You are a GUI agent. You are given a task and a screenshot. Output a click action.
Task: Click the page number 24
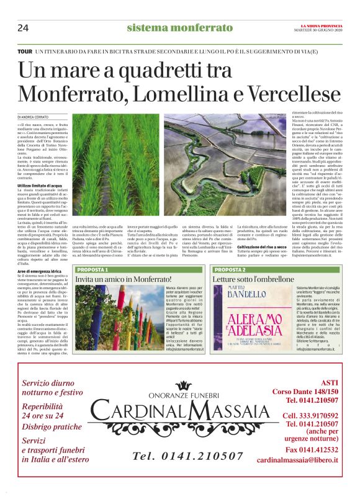point(24,27)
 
